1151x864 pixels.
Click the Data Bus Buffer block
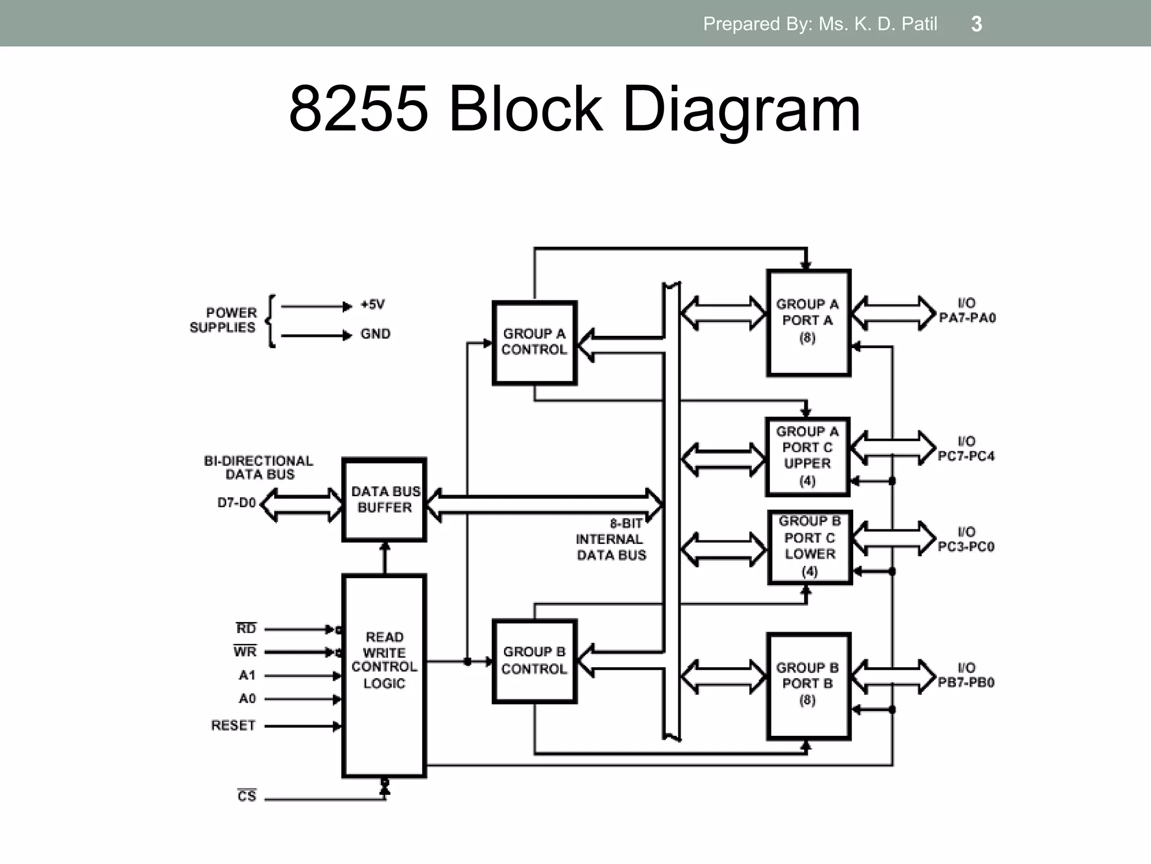[x=384, y=499]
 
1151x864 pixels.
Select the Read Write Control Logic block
[x=384, y=675]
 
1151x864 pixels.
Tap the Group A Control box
[x=534, y=343]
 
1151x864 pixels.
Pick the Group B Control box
[x=534, y=661]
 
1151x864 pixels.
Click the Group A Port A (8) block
[x=808, y=322]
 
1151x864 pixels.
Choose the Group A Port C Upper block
[x=808, y=456]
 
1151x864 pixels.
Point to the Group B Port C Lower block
[x=810, y=547]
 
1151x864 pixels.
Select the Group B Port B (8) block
[x=808, y=685]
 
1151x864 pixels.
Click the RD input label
[x=246, y=628]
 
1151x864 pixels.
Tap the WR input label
[x=245, y=651]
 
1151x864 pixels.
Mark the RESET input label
[x=233, y=726]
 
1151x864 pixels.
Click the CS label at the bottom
[x=247, y=796]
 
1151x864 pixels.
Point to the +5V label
[x=373, y=305]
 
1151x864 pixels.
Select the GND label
[x=375, y=334]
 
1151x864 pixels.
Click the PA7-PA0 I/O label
[x=967, y=318]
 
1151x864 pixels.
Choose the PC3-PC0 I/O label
[x=966, y=546]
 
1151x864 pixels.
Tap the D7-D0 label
[x=237, y=502]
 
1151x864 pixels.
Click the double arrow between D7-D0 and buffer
[x=302, y=505]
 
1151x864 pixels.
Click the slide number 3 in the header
[x=976, y=24]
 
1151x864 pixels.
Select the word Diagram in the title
[x=741, y=109]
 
